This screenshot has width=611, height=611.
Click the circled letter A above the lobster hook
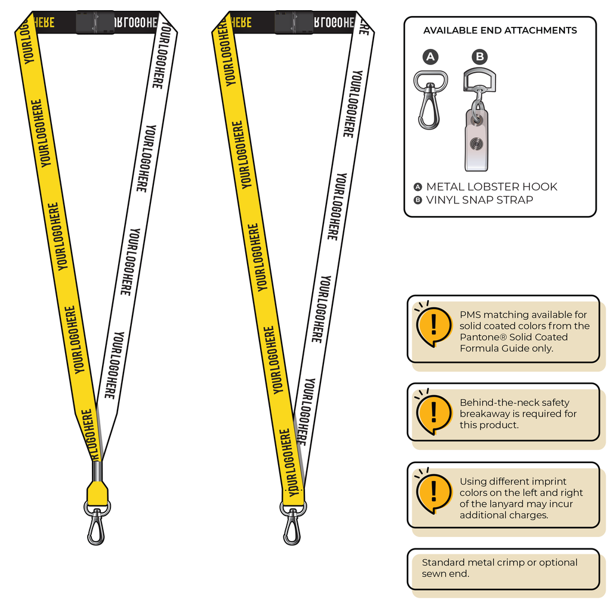tap(430, 57)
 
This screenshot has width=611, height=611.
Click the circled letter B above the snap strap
tap(480, 57)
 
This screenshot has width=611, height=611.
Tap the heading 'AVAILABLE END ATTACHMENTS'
tap(500, 30)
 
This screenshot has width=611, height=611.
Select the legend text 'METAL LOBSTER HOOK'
tap(492, 187)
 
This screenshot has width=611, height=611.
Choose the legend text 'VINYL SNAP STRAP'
tap(480, 200)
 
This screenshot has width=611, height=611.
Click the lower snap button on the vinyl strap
tap(476, 143)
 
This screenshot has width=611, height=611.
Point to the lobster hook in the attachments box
tap(430, 100)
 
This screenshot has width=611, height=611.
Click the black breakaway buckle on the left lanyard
tap(95, 22)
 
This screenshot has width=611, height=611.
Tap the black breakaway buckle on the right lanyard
tap(294, 22)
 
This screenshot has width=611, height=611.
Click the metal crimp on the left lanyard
tap(97, 471)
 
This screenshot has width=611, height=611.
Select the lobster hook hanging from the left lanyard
tap(97, 523)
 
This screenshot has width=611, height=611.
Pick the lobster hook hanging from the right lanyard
tap(292, 523)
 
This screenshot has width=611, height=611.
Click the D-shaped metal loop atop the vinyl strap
tap(480, 79)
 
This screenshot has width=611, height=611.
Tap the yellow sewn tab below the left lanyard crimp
tap(97, 493)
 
